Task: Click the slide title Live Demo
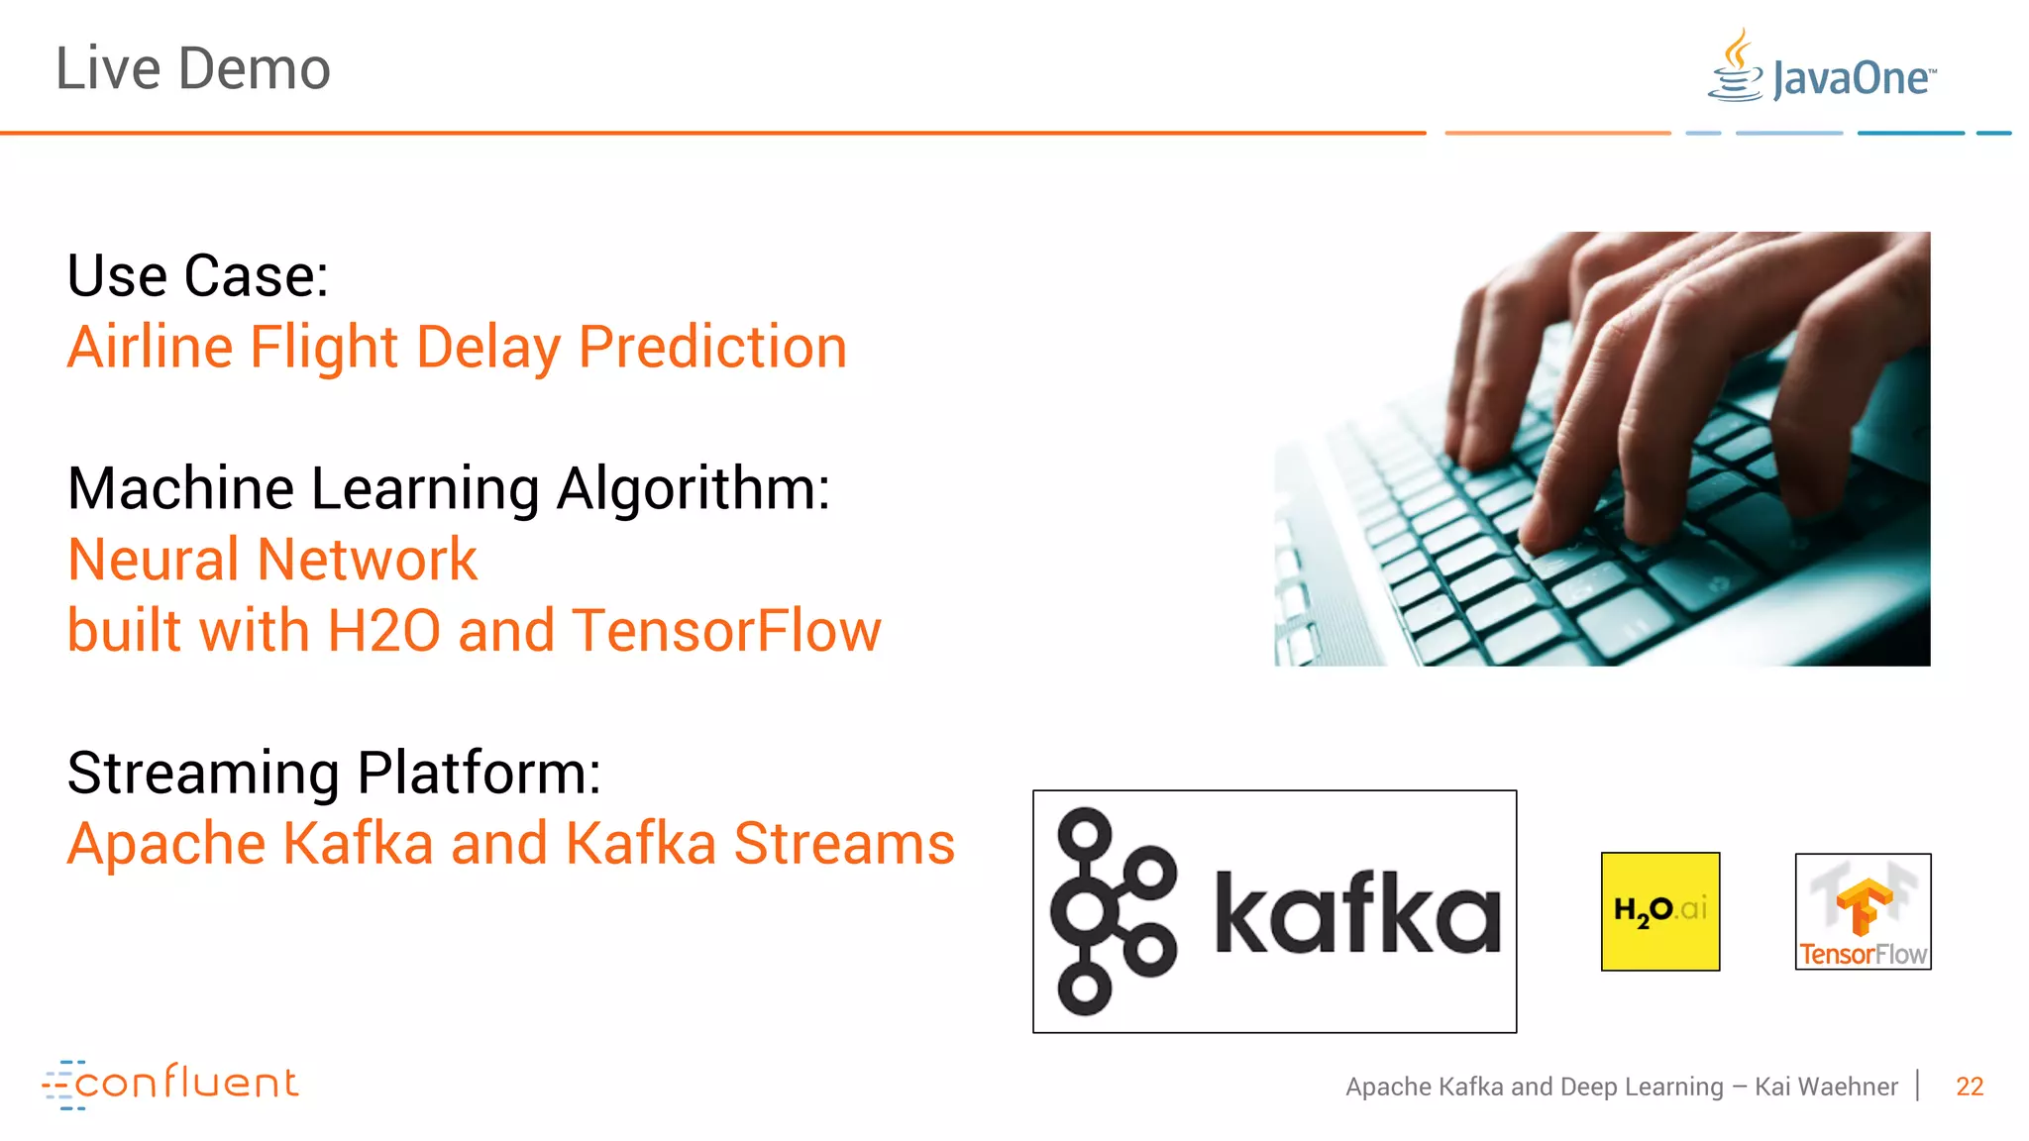(192, 69)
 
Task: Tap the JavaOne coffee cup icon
(1736, 67)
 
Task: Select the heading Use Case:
(197, 275)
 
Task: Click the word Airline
(150, 348)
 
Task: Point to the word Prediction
(712, 348)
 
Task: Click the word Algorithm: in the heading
(693, 489)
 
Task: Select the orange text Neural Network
(272, 560)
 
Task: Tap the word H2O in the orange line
(383, 631)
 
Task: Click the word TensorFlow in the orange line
(726, 631)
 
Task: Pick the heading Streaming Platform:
(334, 773)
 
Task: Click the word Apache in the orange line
(166, 844)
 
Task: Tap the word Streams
(844, 844)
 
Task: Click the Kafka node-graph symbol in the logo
(1111, 911)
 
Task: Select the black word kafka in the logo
(1357, 913)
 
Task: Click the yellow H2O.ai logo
(1659, 911)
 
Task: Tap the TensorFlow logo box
(1863, 911)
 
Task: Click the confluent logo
(170, 1084)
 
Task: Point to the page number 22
(1969, 1087)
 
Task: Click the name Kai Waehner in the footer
(1825, 1087)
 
